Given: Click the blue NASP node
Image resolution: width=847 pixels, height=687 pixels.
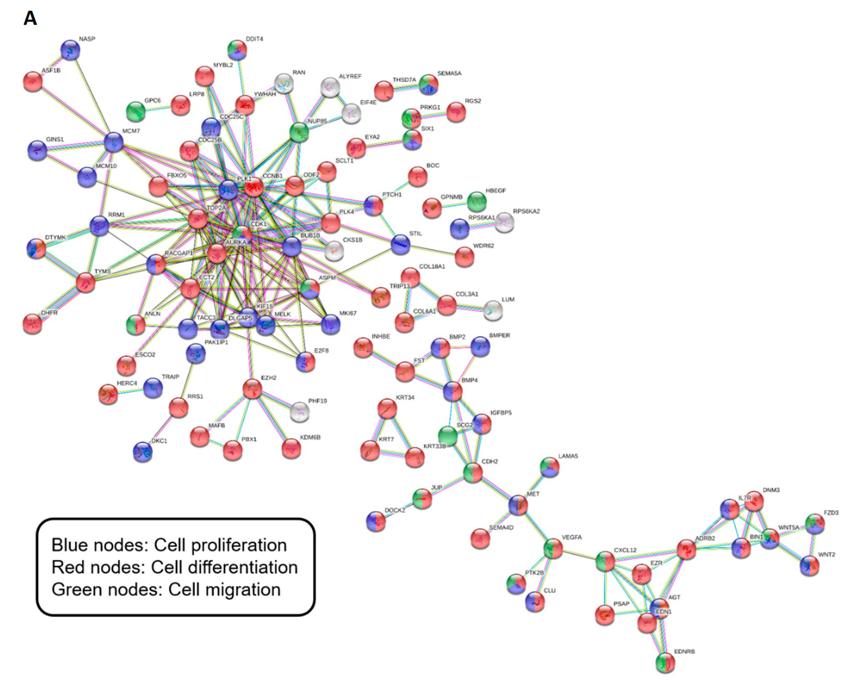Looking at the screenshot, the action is pyautogui.click(x=70, y=50).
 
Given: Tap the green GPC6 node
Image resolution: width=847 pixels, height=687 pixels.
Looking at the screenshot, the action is pyautogui.click(x=136, y=111).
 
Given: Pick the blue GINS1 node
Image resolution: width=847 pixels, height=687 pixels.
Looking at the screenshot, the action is pyautogui.click(x=37, y=150).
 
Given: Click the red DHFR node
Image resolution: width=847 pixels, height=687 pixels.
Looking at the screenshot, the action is pyautogui.click(x=33, y=324).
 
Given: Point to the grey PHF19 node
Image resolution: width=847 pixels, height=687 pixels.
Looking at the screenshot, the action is pyautogui.click(x=300, y=412).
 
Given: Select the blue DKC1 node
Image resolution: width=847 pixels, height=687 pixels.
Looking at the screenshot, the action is pyautogui.click(x=142, y=451).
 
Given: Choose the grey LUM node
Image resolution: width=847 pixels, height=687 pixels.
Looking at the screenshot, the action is pyautogui.click(x=493, y=310).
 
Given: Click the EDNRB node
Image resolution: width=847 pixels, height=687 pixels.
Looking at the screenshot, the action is pyautogui.click(x=665, y=662).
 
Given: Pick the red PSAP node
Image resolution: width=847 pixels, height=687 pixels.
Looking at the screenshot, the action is pyautogui.click(x=605, y=615).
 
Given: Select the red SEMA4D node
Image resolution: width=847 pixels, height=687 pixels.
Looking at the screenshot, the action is pyautogui.click(x=480, y=538).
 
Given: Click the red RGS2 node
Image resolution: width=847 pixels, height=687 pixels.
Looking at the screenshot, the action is pyautogui.click(x=456, y=112).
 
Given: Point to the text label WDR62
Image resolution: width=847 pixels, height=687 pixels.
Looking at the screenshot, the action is pyautogui.click(x=483, y=246).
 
